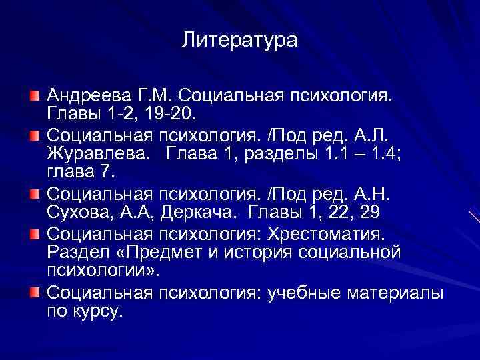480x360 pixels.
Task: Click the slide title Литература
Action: (x=239, y=41)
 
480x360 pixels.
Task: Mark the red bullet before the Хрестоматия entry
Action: (x=34, y=234)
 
